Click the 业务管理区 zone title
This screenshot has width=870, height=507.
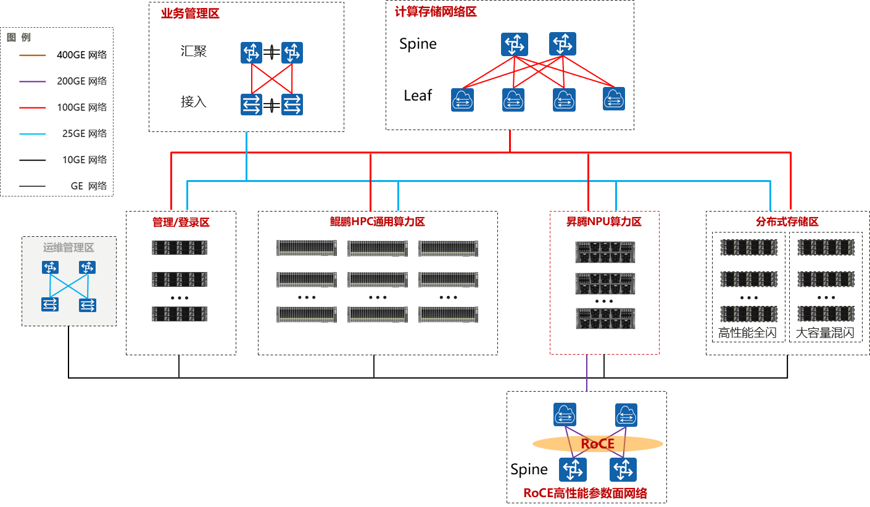190,14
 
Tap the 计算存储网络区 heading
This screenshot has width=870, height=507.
436,12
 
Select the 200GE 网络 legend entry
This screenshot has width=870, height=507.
81,81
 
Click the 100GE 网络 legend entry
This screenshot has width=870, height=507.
81,107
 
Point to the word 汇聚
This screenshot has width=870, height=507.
194,52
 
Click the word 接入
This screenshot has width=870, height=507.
194,102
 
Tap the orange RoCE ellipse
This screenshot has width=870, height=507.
597,444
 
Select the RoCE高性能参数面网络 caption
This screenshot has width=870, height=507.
585,493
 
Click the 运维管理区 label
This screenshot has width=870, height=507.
68,247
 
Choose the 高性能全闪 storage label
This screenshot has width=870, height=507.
747,334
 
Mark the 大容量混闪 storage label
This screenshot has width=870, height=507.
825,334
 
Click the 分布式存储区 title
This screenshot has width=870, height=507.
787,222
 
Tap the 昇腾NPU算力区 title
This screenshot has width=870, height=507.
604,221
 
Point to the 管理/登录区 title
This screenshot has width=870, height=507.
181,222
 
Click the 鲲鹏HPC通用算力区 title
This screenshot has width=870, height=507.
377,222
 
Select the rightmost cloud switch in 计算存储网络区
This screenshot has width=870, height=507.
614,99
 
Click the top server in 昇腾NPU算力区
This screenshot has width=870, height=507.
605,252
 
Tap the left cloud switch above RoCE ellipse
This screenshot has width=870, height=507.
565,414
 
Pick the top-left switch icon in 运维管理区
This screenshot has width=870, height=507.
51,268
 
